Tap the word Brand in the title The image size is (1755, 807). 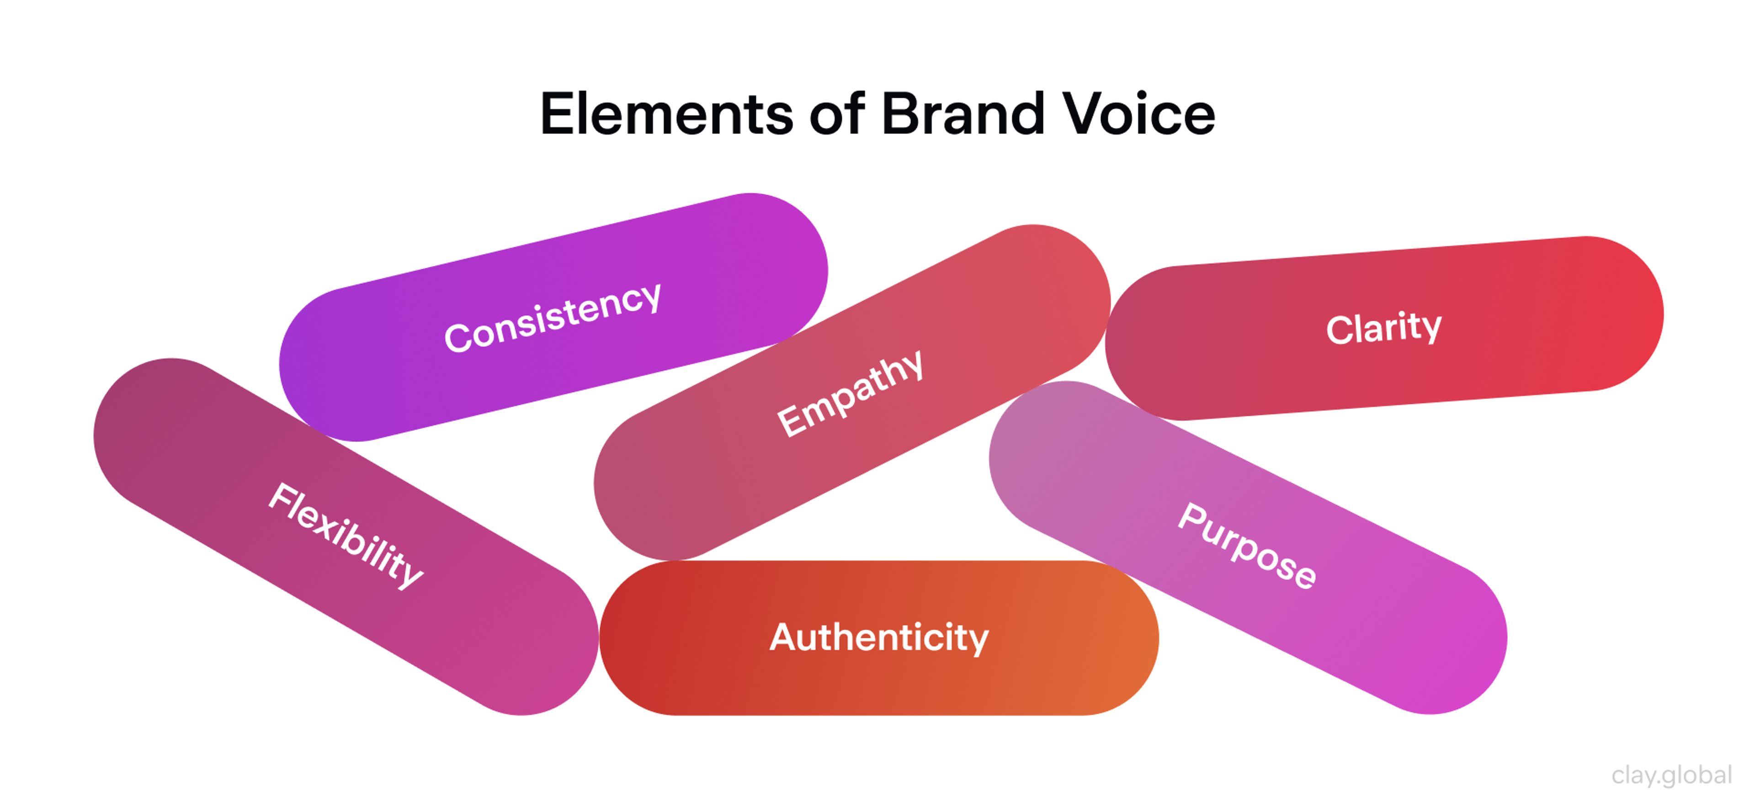coord(963,114)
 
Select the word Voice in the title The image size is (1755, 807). coord(1139,114)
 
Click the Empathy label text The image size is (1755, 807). coord(850,393)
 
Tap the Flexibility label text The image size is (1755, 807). coord(346,535)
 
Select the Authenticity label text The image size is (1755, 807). coord(879,637)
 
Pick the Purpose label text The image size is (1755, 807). coord(1247,546)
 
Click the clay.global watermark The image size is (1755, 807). coord(1671,775)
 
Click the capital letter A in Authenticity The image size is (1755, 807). coord(783,636)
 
